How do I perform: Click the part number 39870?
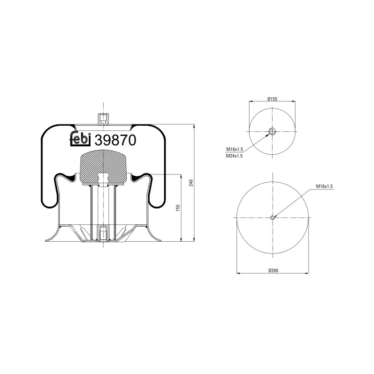tap(115, 140)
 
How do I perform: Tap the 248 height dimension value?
tap(191, 183)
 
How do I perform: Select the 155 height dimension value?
tap(178, 208)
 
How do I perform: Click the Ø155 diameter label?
tap(273, 99)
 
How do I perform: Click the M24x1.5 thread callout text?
tap(234, 156)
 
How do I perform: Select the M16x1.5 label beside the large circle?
tap(324, 186)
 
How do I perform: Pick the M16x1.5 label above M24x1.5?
tap(234, 149)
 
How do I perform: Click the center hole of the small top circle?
tap(273, 131)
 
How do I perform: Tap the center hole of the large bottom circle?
tap(273, 217)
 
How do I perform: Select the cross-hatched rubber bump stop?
tap(104, 167)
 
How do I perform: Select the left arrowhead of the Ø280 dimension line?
tap(238, 274)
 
